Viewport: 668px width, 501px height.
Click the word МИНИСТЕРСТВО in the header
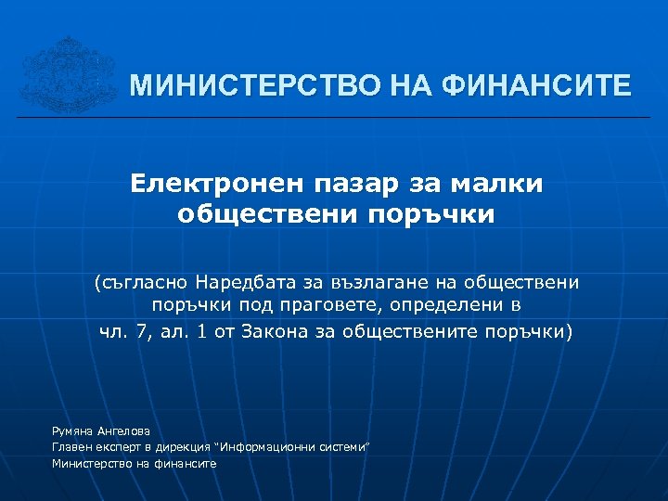pyautogui.click(x=243, y=87)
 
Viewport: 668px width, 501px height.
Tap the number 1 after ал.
pyautogui.click(x=201, y=331)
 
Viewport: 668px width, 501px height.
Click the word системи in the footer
pyautogui.click(x=340, y=447)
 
